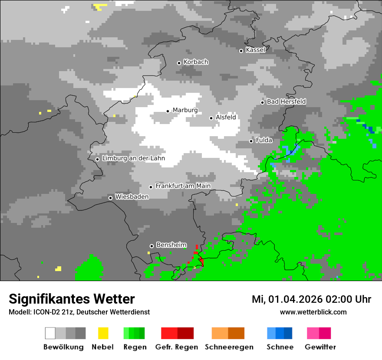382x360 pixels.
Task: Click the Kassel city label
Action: point(255,50)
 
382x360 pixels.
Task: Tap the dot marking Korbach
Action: point(179,63)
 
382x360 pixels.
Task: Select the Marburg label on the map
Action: point(185,110)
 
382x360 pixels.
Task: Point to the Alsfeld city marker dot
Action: point(211,118)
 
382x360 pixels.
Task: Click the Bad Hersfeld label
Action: point(286,101)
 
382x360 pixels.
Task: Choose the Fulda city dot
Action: point(251,141)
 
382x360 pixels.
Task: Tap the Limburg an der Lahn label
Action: point(133,158)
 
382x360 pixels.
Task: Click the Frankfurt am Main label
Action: point(183,186)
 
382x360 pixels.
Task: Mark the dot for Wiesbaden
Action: point(111,198)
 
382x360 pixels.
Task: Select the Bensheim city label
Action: point(171,245)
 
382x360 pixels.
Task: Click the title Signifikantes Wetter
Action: point(72,299)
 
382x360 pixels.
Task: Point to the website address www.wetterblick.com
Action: point(313,312)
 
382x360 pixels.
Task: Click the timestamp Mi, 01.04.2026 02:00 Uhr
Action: point(311,299)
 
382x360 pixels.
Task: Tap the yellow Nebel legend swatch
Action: point(103,333)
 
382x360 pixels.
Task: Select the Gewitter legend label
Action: point(320,347)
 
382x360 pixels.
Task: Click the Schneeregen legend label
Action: point(229,347)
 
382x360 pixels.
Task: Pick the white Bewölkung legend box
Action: point(50,333)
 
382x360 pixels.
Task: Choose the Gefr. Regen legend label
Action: point(177,347)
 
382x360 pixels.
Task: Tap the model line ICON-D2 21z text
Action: point(52,312)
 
